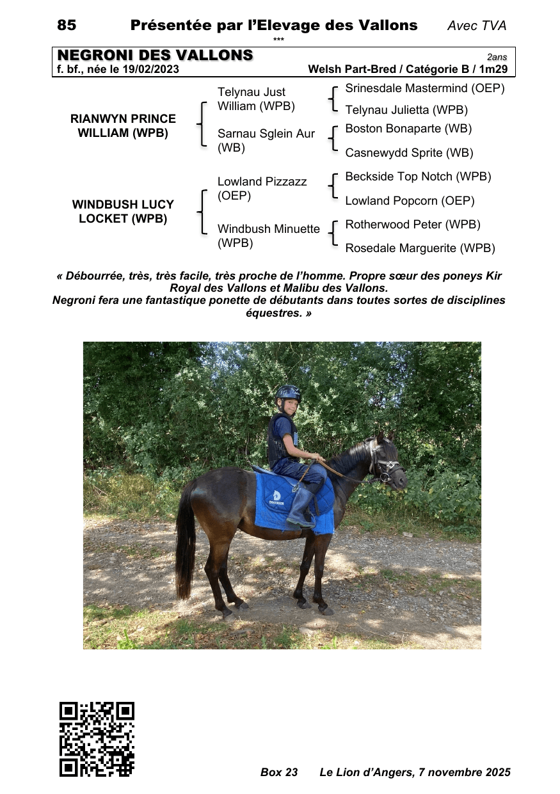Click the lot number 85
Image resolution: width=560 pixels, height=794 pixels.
point(67,26)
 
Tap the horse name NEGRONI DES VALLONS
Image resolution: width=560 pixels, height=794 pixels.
point(156,56)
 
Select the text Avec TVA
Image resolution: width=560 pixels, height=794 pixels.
point(477,26)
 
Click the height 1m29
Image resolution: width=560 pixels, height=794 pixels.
point(494,69)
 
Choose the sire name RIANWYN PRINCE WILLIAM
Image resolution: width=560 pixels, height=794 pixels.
point(123,126)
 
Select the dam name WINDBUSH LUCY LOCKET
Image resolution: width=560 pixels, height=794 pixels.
point(123,212)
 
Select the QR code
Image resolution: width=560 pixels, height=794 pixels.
point(97,739)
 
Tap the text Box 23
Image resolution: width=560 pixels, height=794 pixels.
point(279,772)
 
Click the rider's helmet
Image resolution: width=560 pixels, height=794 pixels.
point(288,393)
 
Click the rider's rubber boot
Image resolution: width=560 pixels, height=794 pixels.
point(301,509)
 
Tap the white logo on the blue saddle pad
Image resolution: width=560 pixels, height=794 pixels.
point(276,497)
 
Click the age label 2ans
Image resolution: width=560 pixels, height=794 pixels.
point(497,57)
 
